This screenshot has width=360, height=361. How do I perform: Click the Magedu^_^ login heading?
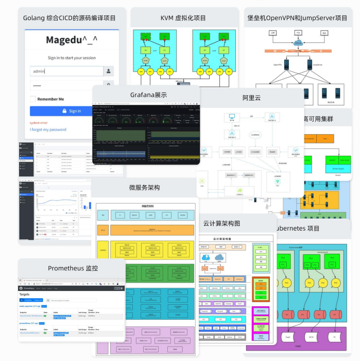coord(72,40)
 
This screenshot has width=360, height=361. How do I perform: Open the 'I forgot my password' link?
coord(48,129)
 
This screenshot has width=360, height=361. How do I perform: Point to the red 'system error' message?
coord(39,123)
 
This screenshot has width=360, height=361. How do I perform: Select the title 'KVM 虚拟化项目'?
coord(183,18)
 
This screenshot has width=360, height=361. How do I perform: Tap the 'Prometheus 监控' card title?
coord(73,268)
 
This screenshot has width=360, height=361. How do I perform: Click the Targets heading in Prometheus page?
coord(25,294)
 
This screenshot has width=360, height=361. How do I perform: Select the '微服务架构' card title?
coord(144,188)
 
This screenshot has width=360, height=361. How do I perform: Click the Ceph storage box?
coord(288,338)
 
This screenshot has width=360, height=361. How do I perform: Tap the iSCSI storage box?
coord(312,338)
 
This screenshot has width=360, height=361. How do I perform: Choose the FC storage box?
coord(336,338)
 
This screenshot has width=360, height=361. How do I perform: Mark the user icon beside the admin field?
coord(109,71)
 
